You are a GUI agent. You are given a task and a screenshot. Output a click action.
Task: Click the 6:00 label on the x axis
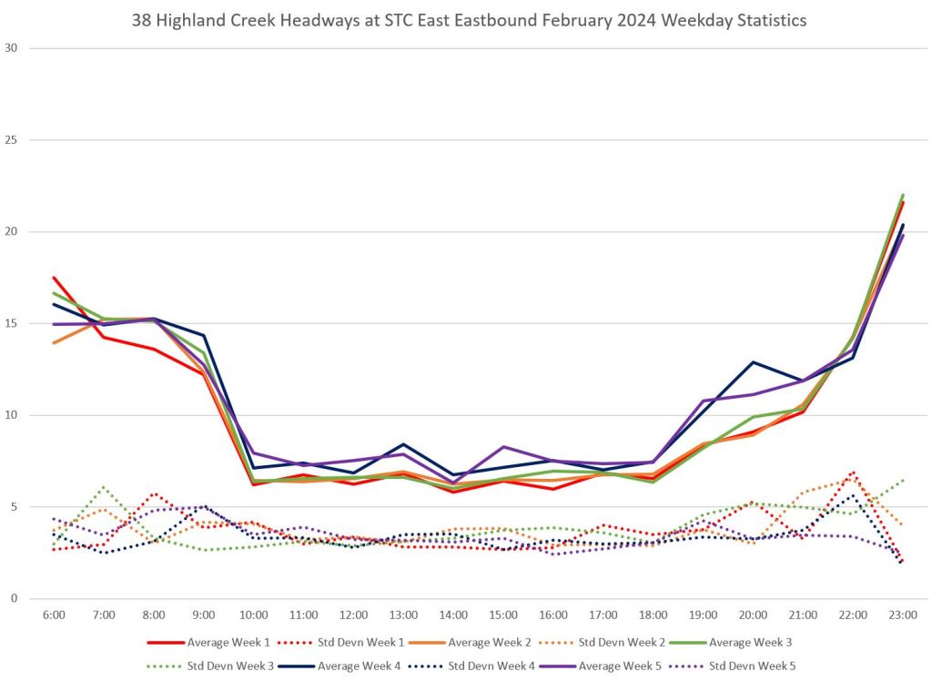tap(55, 616)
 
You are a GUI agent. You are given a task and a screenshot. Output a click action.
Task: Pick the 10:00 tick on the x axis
tap(254, 616)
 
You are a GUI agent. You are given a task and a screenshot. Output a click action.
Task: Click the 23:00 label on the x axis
tap(902, 616)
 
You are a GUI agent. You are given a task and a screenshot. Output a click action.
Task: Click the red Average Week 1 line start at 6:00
tap(55, 278)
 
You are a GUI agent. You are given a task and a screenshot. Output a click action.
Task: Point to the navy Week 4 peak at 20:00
tap(753, 362)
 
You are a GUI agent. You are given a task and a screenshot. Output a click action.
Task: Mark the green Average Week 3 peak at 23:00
tap(902, 195)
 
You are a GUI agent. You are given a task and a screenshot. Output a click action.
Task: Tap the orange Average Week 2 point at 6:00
tap(55, 342)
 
